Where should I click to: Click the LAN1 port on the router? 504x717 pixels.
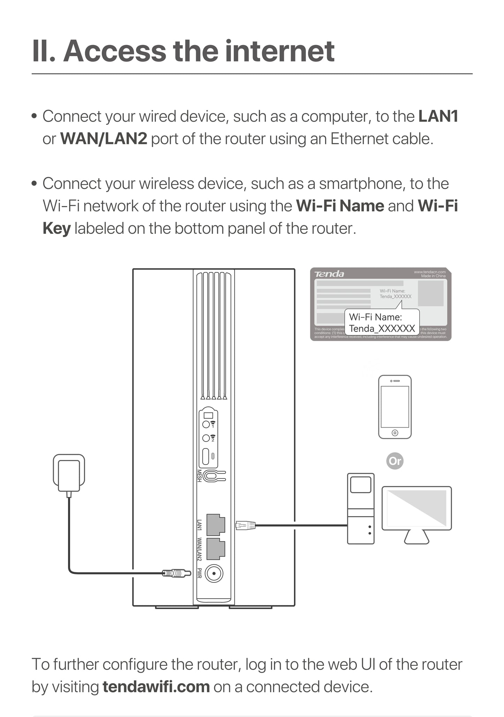coord(215,524)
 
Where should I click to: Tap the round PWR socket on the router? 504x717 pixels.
coord(214,573)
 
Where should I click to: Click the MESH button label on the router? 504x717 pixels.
coord(199,476)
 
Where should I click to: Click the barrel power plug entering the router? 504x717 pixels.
coord(176,573)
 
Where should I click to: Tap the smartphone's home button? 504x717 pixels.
coord(395,433)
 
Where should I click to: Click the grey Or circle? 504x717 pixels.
coord(395,461)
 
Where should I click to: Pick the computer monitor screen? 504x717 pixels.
coord(416,508)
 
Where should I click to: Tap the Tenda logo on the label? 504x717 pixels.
coord(329,274)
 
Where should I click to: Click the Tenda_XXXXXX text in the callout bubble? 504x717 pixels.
coord(382,329)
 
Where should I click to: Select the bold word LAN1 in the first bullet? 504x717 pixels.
coord(438,116)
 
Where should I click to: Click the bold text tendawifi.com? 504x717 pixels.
coord(156,687)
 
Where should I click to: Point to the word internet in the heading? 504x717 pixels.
coord(279,51)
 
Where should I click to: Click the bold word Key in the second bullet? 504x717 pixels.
coord(57,228)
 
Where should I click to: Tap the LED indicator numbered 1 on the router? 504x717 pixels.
coord(206,424)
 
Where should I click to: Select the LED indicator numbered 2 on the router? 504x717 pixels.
coord(206,438)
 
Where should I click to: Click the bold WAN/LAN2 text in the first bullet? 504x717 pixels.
coord(104,139)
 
